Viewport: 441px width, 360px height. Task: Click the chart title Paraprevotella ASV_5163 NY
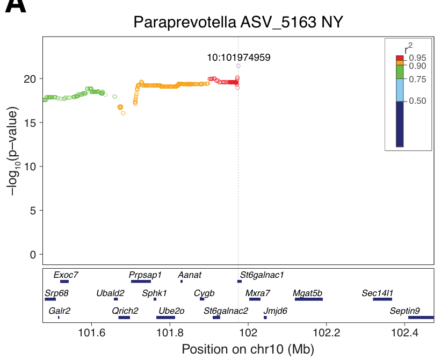coord(238,23)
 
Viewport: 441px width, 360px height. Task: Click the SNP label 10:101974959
coord(238,57)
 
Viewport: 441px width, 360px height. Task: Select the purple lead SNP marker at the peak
coord(238,66)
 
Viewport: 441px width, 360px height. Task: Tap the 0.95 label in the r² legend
coord(417,58)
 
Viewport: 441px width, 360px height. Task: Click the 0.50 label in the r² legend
coord(417,101)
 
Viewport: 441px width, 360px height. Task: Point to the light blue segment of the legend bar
coord(400,90)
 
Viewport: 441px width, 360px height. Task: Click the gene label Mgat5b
coord(308,293)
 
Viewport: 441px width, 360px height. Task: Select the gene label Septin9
coord(404,311)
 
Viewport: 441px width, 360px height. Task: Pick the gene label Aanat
coord(190,275)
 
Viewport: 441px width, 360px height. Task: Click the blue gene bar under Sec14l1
coord(382,299)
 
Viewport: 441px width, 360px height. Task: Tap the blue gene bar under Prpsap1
coord(141,281)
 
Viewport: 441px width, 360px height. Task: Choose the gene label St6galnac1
coord(262,275)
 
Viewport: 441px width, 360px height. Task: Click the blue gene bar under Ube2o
coord(165,318)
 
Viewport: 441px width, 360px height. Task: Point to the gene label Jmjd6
coord(275,311)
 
